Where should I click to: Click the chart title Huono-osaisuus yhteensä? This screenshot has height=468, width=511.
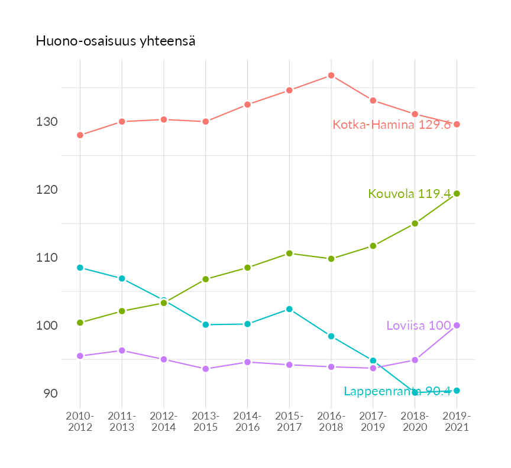[x=116, y=41]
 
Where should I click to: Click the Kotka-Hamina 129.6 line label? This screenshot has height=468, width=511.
[x=392, y=125]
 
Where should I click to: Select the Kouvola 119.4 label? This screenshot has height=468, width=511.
[x=409, y=194]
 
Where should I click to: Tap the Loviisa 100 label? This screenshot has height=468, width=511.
[x=418, y=326]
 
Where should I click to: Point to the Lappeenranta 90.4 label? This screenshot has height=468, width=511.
[x=397, y=391]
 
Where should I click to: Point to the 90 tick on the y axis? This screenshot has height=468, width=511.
[x=50, y=394]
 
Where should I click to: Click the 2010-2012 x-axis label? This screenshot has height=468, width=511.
[x=80, y=422]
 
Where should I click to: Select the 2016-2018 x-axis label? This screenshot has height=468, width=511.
[x=331, y=422]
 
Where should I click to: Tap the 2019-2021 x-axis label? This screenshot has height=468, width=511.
[x=457, y=422]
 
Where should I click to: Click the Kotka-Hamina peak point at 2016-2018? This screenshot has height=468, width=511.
[x=331, y=76]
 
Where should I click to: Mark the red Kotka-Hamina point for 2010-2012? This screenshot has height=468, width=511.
[x=80, y=135]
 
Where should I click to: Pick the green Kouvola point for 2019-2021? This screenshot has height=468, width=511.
[x=457, y=193]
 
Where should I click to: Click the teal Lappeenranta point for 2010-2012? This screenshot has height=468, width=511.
[x=80, y=268]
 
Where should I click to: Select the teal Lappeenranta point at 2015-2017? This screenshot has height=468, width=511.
[x=289, y=309]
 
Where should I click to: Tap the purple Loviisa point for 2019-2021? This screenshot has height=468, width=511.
[x=457, y=325]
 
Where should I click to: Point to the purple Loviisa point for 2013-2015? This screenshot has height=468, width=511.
[x=206, y=369]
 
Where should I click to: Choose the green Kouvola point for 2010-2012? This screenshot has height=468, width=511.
[x=80, y=323]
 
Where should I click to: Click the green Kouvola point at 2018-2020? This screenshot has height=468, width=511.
[x=415, y=223]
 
